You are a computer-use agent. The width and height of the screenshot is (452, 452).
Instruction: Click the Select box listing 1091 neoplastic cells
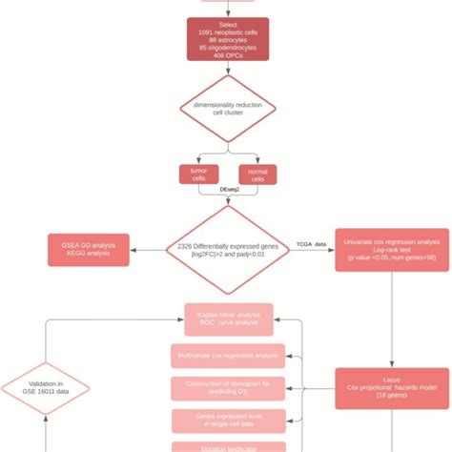tap(227, 38)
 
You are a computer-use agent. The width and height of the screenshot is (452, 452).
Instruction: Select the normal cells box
tap(256, 174)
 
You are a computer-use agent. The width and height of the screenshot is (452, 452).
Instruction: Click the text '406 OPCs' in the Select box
tap(227, 56)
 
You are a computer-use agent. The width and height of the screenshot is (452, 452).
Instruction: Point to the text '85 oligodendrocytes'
tap(227, 48)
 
